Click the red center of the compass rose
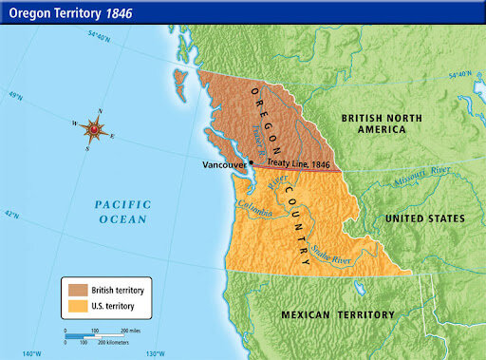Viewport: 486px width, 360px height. coord(94,128)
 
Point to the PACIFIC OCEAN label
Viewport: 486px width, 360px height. coord(122,212)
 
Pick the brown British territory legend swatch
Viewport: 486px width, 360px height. coord(75,288)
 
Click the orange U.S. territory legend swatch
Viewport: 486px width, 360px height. coord(75,307)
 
